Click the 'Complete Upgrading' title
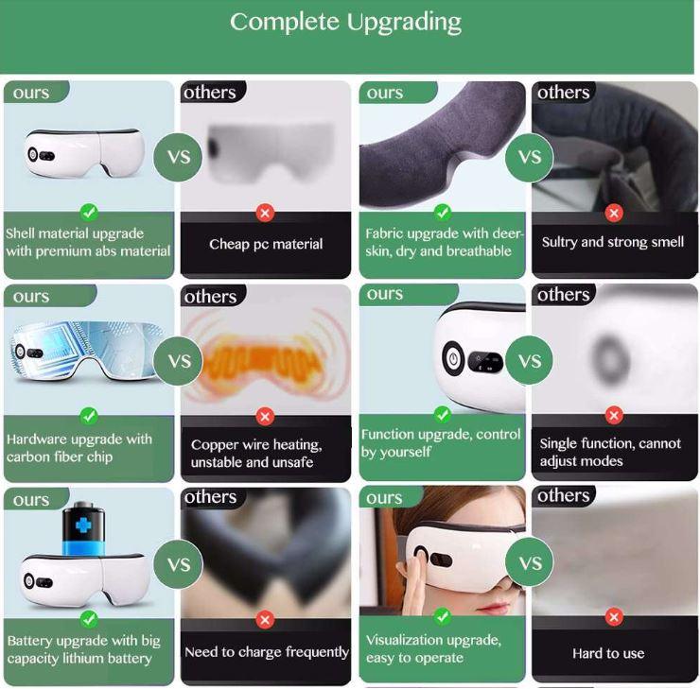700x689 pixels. [345, 23]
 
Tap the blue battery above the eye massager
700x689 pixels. [83, 529]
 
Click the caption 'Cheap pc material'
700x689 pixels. [266, 244]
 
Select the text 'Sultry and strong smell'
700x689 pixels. [613, 242]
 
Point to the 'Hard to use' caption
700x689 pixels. [608, 653]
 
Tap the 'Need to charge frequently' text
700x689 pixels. [267, 652]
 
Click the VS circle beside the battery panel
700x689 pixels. [178, 564]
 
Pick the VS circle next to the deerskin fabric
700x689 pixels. [530, 157]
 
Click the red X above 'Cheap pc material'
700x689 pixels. [265, 213]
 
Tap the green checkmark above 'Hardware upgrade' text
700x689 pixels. [89, 416]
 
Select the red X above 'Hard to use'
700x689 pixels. [614, 617]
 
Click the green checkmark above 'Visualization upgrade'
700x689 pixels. [442, 617]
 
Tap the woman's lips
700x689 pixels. [493, 609]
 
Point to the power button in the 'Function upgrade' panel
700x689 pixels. [453, 358]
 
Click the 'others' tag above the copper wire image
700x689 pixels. [211, 296]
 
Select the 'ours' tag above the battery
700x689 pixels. [31, 499]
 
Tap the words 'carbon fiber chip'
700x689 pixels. [60, 457]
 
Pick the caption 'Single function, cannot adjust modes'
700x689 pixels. [610, 452]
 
